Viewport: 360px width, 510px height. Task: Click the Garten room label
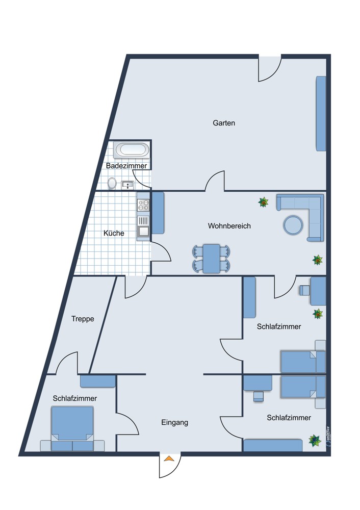224,123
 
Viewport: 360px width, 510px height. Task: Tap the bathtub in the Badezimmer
132,150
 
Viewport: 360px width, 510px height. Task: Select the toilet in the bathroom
112,183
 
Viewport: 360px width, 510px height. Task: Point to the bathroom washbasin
127,185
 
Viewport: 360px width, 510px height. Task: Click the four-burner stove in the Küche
143,205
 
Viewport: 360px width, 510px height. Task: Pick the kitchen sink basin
143,231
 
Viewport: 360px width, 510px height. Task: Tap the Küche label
114,233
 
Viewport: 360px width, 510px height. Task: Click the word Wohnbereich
229,226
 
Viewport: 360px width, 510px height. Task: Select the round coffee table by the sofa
293,225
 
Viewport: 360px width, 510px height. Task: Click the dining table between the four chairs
212,259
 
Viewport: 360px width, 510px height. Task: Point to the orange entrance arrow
169,458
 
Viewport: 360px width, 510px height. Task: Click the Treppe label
83,319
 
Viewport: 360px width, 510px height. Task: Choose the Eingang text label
174,422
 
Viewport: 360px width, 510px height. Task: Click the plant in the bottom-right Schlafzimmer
315,441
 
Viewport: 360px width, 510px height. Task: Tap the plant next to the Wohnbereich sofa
263,202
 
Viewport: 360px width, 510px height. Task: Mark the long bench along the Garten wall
321,114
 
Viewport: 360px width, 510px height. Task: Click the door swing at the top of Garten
270,69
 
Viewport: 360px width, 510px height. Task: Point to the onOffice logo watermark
328,438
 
